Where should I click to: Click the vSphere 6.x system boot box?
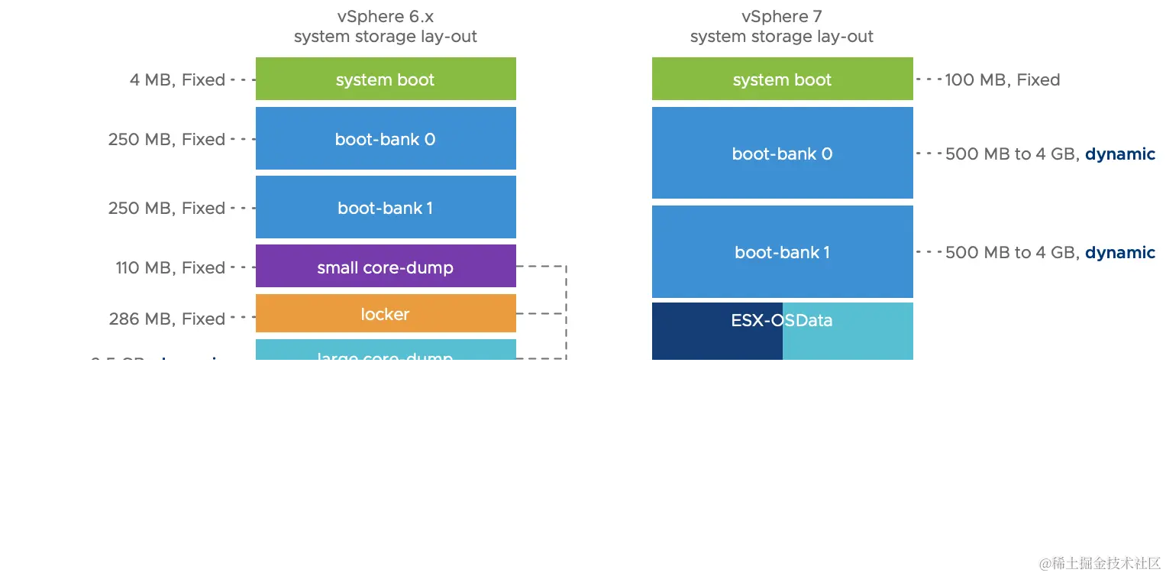click(x=386, y=79)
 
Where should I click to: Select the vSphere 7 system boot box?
click(x=782, y=79)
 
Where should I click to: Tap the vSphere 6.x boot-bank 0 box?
click(x=386, y=138)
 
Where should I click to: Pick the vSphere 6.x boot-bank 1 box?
click(x=386, y=207)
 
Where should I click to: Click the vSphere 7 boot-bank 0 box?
click(x=782, y=153)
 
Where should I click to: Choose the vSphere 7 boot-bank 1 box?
click(x=782, y=251)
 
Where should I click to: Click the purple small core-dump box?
click(x=386, y=267)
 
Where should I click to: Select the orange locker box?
click(x=386, y=313)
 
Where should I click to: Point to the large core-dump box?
click(x=386, y=352)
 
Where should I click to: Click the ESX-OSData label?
click(x=782, y=321)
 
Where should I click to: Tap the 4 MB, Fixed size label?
click(x=177, y=79)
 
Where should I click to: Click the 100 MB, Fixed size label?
click(x=1002, y=79)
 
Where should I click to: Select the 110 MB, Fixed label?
click(x=170, y=267)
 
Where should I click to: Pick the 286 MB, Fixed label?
click(x=167, y=319)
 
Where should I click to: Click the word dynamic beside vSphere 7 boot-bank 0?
click(x=1119, y=154)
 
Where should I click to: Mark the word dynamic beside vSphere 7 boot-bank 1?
click(x=1119, y=252)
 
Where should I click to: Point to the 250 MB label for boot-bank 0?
click(x=166, y=139)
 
